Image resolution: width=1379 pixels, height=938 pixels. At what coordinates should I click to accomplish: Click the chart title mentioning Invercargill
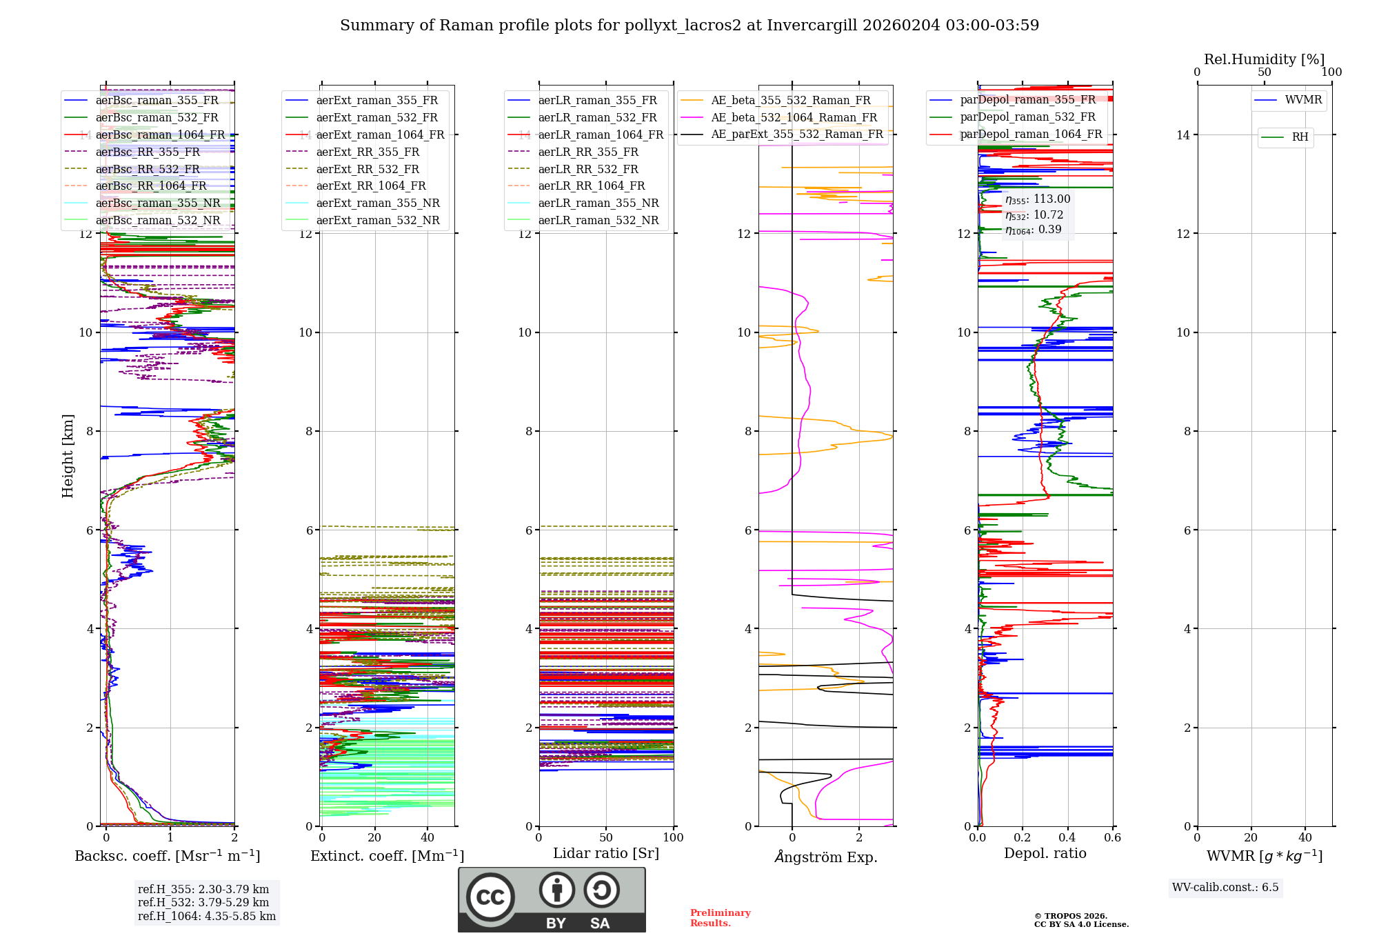click(689, 26)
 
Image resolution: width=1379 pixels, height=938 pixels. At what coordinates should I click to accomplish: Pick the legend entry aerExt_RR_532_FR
click(367, 169)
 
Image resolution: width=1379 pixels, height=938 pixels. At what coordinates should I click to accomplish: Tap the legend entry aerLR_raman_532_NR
click(598, 221)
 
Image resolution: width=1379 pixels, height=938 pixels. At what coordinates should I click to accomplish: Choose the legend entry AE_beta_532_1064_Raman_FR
click(794, 118)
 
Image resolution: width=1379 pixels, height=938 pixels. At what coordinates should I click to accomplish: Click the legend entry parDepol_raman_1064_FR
click(1031, 134)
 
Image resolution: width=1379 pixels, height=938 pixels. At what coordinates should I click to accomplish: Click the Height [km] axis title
click(68, 455)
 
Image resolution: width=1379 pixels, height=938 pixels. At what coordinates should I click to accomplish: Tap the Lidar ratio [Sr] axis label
click(605, 853)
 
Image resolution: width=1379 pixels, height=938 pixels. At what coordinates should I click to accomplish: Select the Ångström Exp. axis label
click(825, 857)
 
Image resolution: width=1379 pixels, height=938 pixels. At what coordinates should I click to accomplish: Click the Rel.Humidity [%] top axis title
click(1264, 59)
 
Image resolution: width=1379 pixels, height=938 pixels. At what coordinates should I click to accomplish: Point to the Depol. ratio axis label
click(1045, 853)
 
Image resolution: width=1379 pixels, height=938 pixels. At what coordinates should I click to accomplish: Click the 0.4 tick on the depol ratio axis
click(1067, 837)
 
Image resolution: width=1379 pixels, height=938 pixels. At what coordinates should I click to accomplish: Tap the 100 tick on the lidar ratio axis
click(673, 837)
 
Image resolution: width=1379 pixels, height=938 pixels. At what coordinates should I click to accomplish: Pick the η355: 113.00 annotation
click(1037, 199)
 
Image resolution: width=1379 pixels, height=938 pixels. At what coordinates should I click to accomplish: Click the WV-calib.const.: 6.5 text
click(1225, 887)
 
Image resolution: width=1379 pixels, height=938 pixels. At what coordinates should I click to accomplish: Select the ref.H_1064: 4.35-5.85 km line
click(206, 916)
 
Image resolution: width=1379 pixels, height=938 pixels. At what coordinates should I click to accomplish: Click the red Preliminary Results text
click(720, 917)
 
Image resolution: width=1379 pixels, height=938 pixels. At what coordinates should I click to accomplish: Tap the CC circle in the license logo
click(490, 897)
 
